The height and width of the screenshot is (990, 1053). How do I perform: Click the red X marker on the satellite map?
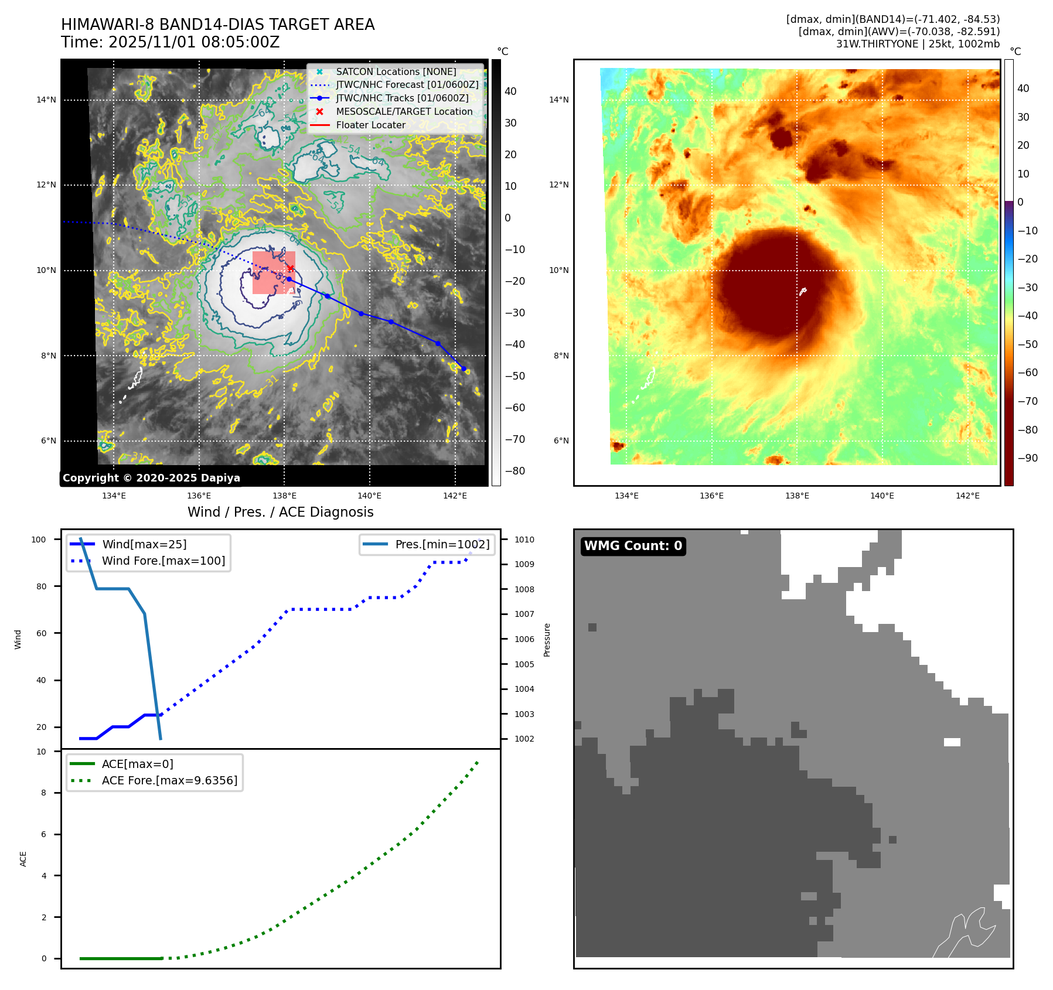click(x=290, y=268)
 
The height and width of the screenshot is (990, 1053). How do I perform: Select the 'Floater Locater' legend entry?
click(x=370, y=125)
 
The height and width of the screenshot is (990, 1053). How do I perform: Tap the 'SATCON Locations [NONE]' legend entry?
click(x=396, y=71)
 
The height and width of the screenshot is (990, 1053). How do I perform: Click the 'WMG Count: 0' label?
click(x=633, y=546)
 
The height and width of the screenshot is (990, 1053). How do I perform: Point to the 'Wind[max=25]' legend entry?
click(x=144, y=544)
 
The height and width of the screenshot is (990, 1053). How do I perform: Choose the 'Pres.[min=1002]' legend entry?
click(x=442, y=544)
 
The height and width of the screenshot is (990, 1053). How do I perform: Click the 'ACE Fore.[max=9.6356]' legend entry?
click(x=169, y=780)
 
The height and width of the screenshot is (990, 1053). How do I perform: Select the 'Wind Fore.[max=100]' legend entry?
click(x=163, y=561)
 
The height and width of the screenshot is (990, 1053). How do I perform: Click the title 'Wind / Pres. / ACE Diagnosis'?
click(x=280, y=512)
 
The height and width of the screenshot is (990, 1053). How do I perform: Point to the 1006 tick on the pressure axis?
click(x=524, y=639)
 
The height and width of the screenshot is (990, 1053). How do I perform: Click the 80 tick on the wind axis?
click(x=42, y=586)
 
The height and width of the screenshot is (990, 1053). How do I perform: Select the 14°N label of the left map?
click(x=46, y=100)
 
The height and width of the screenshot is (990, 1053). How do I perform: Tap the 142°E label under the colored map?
click(x=967, y=496)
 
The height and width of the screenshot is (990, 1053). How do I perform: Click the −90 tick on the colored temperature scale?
click(x=1027, y=458)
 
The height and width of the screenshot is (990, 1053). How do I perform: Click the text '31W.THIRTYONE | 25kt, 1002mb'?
click(x=918, y=44)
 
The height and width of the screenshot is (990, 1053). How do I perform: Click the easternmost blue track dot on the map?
click(x=464, y=368)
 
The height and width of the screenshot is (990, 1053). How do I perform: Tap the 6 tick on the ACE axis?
click(x=44, y=834)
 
